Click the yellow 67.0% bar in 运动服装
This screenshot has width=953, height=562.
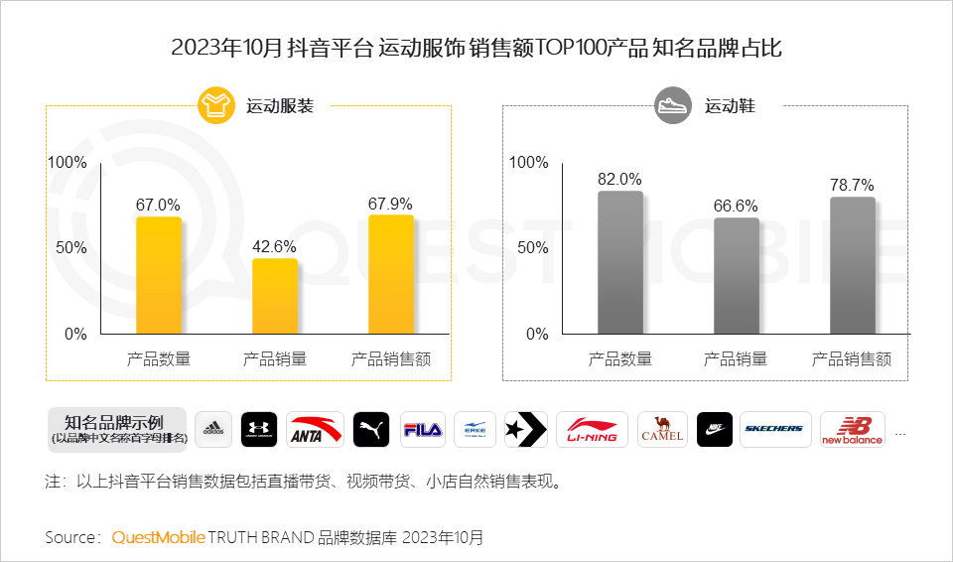[159, 275]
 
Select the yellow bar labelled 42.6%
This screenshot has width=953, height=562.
[275, 296]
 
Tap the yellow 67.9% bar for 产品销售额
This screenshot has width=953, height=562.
[390, 274]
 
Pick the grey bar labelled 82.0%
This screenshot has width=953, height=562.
[620, 262]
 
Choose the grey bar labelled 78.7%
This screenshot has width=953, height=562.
[852, 265]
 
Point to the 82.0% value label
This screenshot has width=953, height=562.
[620, 179]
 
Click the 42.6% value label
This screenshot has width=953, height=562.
[275, 246]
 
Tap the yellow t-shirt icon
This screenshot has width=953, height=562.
[215, 105]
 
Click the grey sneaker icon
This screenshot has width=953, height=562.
[672, 105]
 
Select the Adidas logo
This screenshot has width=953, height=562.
[213, 429]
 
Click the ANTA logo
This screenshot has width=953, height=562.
[315, 429]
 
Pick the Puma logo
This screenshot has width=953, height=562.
[370, 429]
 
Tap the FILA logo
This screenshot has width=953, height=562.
[424, 429]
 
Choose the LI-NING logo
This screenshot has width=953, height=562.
[592, 429]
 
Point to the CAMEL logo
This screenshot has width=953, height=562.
[662, 429]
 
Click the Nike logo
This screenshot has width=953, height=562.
[715, 429]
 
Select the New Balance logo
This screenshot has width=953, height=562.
[852, 429]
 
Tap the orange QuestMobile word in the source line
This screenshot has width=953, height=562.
[158, 537]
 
